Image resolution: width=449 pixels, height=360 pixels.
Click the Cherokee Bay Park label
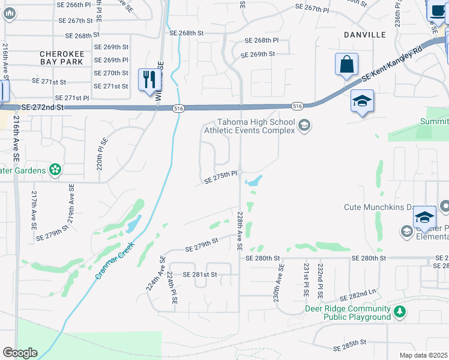pyautogui.click(x=63, y=57)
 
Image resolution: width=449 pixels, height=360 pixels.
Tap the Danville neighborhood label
pyautogui.click(x=364, y=35)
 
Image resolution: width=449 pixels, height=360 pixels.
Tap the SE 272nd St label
pyautogui.click(x=42, y=107)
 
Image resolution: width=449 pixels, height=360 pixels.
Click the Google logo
pyautogui.click(x=20, y=353)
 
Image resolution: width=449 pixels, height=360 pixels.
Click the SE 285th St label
pyautogui.click(x=349, y=343)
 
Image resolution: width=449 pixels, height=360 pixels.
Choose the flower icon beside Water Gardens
pyautogui.click(x=55, y=170)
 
